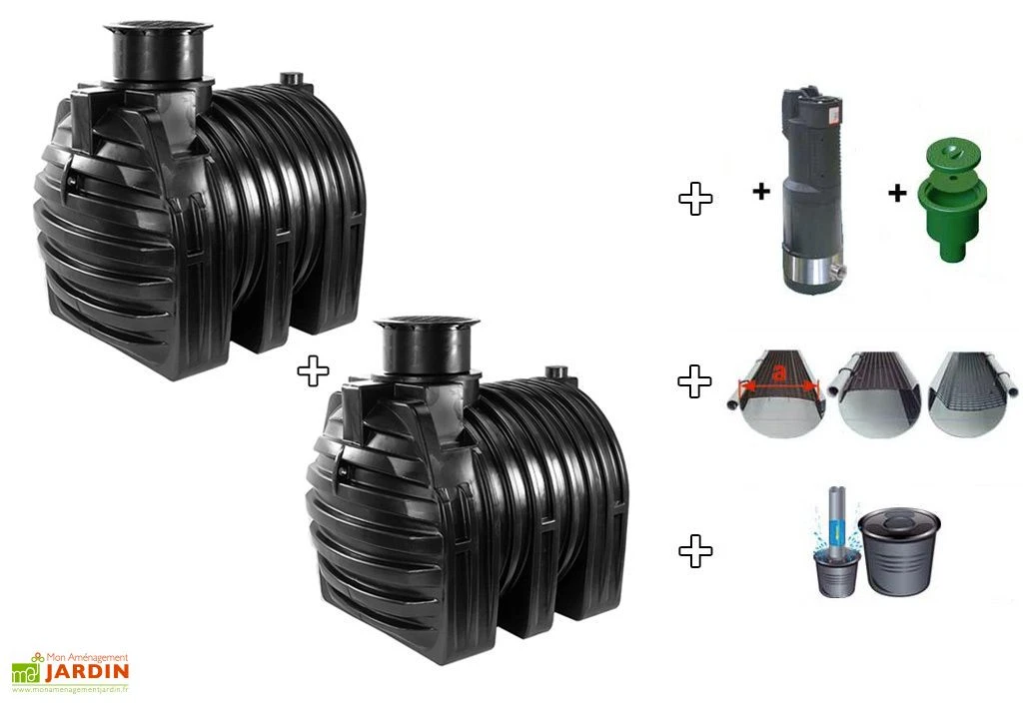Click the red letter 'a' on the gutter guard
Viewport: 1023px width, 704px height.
(x=777, y=373)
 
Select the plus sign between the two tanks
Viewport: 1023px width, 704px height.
(x=313, y=370)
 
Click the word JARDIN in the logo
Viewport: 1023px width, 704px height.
(x=87, y=671)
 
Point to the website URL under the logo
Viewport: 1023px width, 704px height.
(x=71, y=689)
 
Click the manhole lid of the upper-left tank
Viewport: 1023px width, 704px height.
(x=158, y=29)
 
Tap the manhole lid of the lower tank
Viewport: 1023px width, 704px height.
(x=429, y=322)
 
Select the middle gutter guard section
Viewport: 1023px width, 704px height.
(x=874, y=393)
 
